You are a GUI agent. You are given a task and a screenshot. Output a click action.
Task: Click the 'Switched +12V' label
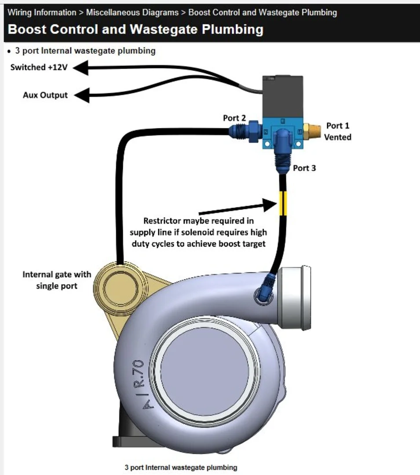coord(39,67)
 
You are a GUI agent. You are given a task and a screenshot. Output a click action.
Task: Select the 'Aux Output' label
coord(45,95)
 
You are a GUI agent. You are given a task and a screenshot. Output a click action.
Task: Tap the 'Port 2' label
coord(234,118)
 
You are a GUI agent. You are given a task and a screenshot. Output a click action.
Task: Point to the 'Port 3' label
coord(304,168)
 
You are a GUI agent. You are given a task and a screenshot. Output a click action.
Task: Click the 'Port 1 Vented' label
coord(337,132)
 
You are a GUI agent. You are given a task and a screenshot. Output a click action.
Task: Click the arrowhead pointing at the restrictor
coord(269,204)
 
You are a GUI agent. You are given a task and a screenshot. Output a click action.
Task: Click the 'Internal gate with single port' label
coord(57,280)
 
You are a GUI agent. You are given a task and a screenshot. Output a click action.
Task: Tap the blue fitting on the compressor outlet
coord(266,288)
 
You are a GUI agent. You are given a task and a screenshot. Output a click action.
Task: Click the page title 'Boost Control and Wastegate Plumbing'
coord(135,29)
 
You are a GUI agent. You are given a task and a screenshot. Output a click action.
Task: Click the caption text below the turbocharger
coord(181,467)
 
